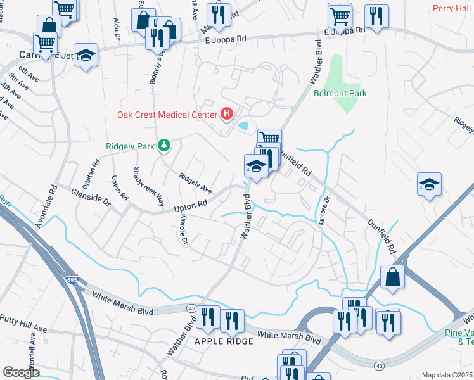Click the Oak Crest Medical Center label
(x=167, y=115)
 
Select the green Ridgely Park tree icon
(x=165, y=146)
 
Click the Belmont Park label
(x=340, y=93)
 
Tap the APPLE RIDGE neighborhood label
(x=224, y=341)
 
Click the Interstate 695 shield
(x=72, y=279)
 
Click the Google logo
(x=21, y=372)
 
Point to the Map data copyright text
(x=447, y=375)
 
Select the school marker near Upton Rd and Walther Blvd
(x=255, y=167)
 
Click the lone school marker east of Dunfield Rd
(x=429, y=185)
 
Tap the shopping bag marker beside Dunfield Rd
(x=393, y=277)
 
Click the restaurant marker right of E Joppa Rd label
(x=378, y=17)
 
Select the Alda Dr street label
(x=117, y=28)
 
